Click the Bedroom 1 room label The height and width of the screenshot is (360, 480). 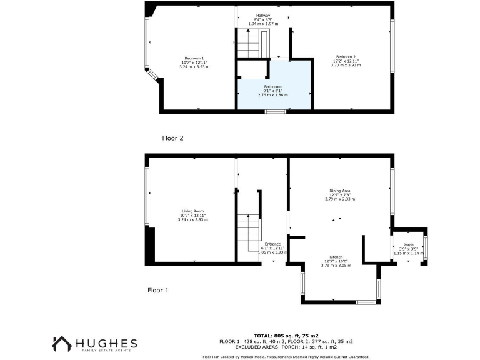pos(193,57)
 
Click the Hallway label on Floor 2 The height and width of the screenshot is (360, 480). pos(263,15)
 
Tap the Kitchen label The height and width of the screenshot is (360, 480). pos(336,257)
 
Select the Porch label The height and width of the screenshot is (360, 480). pos(409,244)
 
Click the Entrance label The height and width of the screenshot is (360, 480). pos(272,244)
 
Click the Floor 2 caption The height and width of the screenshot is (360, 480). pos(172,137)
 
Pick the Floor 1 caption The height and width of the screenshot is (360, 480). pos(158,290)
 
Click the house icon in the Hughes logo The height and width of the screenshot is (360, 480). pos(61,344)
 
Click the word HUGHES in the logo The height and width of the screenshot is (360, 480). pos(106,343)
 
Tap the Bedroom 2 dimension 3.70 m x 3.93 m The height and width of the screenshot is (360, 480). pos(346,64)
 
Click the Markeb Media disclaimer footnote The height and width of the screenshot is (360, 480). pos(286,356)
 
